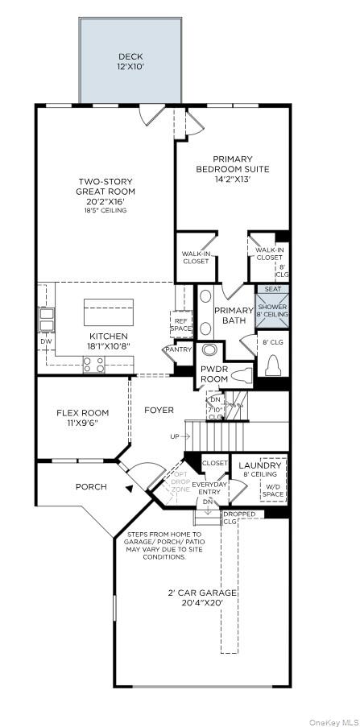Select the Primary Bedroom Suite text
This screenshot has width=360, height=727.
point(232,169)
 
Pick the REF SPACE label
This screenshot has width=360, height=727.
point(181,326)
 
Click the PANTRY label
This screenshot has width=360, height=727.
point(178,349)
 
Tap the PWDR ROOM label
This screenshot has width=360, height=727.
point(213,374)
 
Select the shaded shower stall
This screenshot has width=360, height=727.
point(273,311)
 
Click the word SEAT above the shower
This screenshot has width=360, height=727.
point(273,288)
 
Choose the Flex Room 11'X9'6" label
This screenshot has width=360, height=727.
point(82,418)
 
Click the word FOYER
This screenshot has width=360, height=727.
point(159,411)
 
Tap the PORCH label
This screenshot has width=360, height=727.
point(91,486)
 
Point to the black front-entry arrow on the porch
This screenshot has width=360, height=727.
point(127,488)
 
